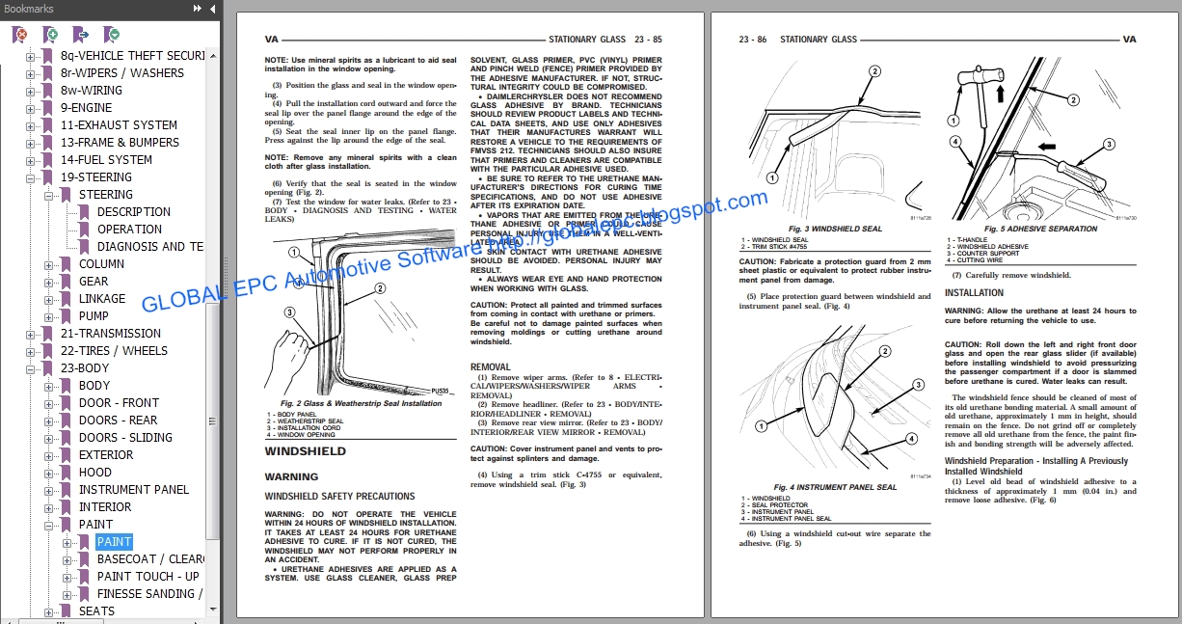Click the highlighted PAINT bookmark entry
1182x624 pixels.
pyautogui.click(x=114, y=542)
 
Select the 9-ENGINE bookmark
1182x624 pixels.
pyautogui.click(x=86, y=108)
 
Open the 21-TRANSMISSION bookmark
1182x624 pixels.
pyautogui.click(x=110, y=334)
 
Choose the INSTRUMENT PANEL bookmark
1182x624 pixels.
pyautogui.click(x=134, y=490)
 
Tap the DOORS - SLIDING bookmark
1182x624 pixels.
pyautogui.click(x=125, y=438)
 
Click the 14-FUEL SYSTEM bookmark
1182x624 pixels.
pyautogui.click(x=106, y=160)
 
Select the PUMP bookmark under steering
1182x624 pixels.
pyautogui.click(x=94, y=316)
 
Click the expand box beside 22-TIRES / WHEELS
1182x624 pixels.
pyautogui.click(x=30, y=351)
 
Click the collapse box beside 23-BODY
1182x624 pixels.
pyautogui.click(x=30, y=368)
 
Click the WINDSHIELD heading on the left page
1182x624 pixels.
pyautogui.click(x=305, y=451)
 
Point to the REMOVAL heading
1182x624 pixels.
pyautogui.click(x=490, y=367)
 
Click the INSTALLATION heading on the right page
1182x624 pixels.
pyautogui.click(x=974, y=293)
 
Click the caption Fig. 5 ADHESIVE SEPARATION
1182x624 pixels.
pyautogui.click(x=1036, y=229)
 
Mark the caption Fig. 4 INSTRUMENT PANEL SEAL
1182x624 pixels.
pyautogui.click(x=835, y=487)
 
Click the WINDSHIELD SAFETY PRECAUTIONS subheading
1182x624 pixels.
pyautogui.click(x=339, y=497)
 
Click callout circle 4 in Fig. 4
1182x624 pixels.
pyautogui.click(x=910, y=439)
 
